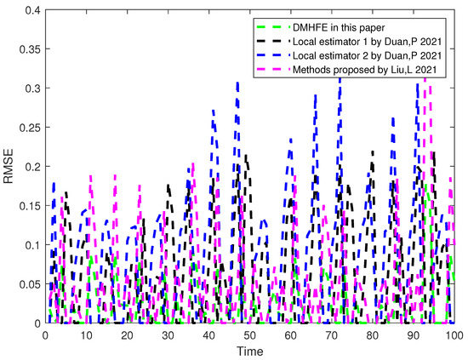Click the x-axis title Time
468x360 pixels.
point(249,351)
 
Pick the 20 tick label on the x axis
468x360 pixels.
point(127,335)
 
